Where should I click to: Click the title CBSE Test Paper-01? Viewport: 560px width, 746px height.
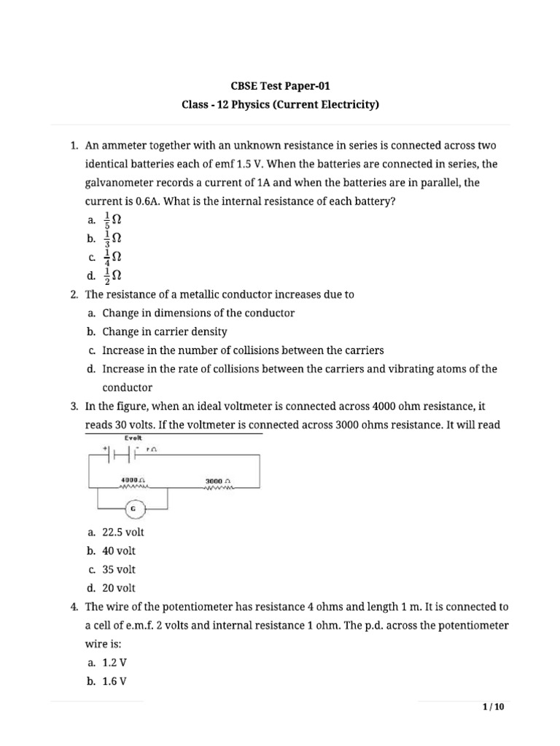[281, 85]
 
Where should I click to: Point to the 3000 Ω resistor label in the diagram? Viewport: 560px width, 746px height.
[218, 481]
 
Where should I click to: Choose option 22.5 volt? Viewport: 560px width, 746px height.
[120, 533]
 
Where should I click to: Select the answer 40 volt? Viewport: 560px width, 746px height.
[118, 551]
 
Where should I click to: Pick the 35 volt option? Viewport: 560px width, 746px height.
[118, 569]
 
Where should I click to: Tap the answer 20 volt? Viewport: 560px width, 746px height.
[118, 588]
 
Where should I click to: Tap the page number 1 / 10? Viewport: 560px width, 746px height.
[493, 707]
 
